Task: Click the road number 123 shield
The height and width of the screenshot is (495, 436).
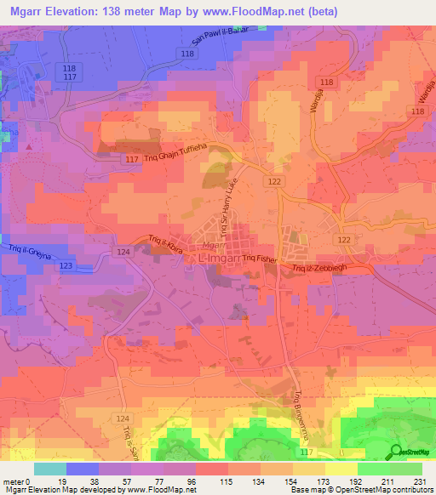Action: point(66,266)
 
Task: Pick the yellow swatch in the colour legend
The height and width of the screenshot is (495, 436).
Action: point(341,469)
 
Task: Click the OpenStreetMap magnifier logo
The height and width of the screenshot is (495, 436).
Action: point(397,452)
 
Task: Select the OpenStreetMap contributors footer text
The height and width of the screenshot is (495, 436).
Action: point(370,490)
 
